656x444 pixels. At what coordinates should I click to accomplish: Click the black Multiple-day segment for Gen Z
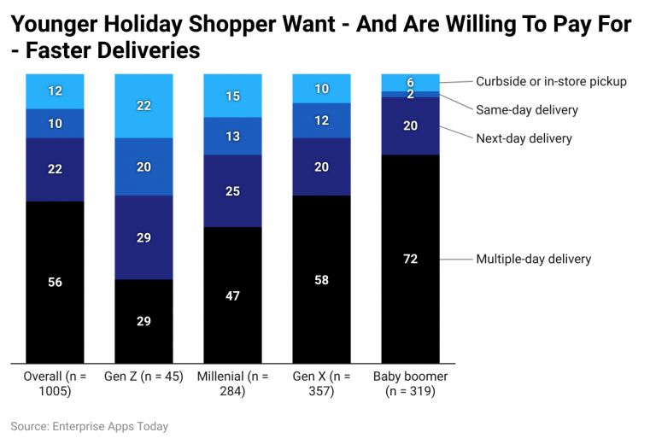143,321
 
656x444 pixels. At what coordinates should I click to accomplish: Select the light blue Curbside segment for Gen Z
143,105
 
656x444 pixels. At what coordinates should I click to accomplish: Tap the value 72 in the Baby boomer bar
410,259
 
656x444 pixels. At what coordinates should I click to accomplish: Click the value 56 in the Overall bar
55,282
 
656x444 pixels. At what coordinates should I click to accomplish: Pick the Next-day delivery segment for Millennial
232,190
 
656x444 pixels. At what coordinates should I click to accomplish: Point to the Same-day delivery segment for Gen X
321,121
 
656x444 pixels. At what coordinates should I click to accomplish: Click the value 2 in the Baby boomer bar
410,94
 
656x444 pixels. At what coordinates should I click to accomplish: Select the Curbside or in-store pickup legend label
551,82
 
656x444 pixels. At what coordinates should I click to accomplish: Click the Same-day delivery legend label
527,110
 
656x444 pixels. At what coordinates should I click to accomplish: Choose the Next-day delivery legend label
524,138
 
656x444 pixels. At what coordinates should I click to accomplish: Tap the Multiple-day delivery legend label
533,259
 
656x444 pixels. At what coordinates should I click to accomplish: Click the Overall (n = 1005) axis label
55,383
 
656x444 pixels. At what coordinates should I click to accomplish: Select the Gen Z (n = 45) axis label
143,377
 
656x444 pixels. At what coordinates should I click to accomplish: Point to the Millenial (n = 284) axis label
232,383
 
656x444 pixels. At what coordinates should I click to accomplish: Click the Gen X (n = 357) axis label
321,383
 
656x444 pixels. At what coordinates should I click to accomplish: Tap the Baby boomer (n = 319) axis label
410,383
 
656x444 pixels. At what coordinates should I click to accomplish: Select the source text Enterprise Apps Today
108,426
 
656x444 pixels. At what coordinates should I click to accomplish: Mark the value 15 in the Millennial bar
232,96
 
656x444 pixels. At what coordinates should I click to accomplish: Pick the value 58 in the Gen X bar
321,279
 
